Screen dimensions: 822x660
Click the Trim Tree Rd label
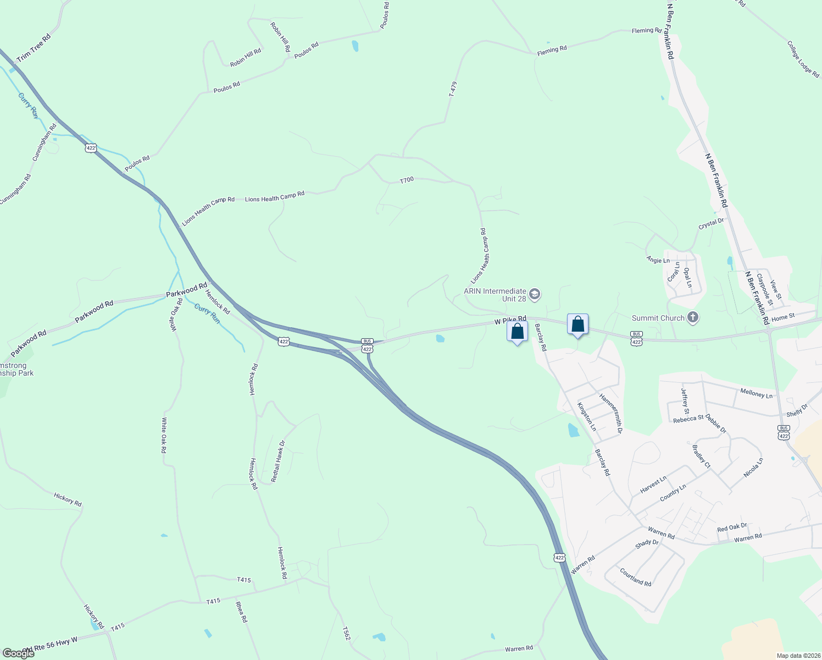point(34,48)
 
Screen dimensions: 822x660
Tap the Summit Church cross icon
point(693,318)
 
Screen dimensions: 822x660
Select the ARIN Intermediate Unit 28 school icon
point(535,294)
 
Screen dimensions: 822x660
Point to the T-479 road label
point(453,89)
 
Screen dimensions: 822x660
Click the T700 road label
point(407,180)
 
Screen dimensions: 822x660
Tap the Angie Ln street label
point(658,260)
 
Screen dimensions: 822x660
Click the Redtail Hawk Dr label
point(279,461)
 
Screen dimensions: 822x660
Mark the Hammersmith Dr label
point(610,414)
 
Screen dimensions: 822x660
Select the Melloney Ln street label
point(756,394)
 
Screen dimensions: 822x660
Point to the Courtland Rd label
point(635,577)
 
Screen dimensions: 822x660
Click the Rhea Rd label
point(241,612)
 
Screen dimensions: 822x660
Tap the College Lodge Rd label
point(803,59)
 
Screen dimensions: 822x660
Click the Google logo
point(18,653)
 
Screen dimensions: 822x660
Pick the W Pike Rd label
point(510,320)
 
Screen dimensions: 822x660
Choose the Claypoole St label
point(764,290)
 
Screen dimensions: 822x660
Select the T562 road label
point(346,633)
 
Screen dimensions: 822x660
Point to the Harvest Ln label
point(653,485)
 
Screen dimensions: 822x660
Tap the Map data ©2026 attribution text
point(798,656)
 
